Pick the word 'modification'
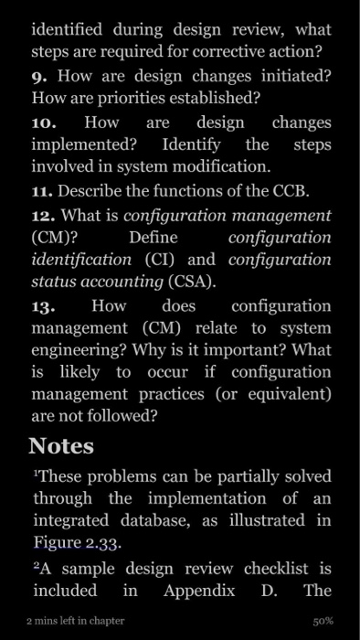coord(217,166)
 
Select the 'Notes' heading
coord(61,446)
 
